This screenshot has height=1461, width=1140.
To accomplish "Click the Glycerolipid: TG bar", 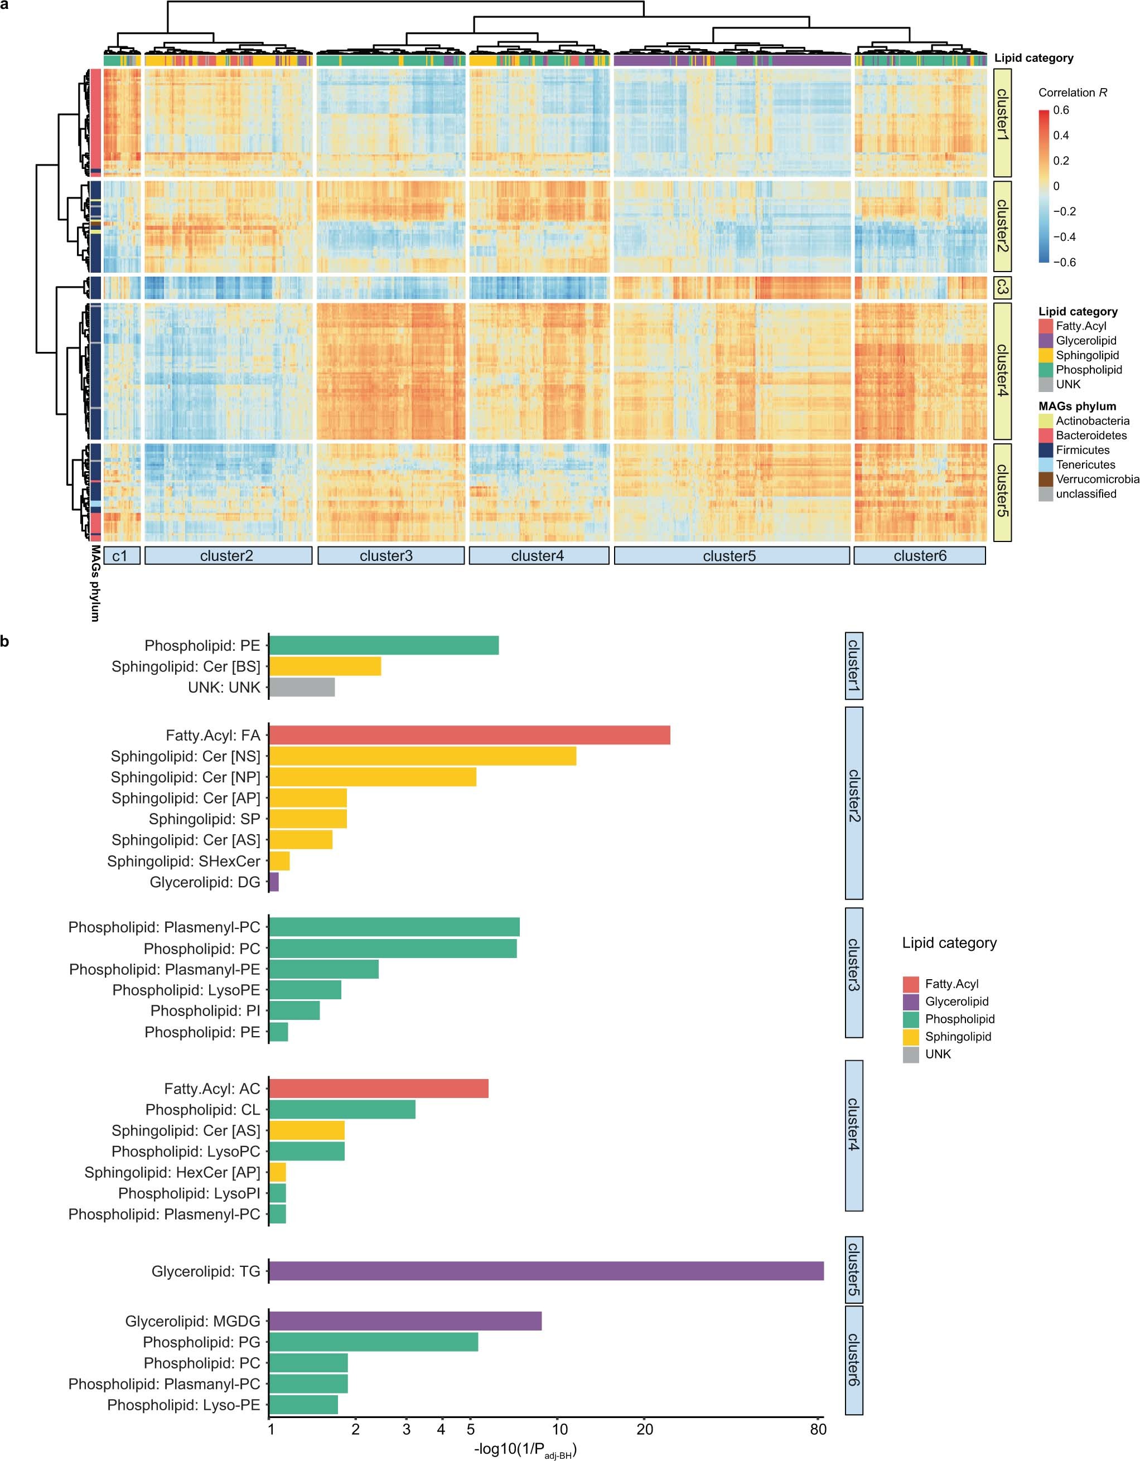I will point(545,1271).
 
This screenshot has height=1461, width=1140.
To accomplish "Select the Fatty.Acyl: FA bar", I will point(468,735).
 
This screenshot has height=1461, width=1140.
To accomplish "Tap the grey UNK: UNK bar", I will point(301,688).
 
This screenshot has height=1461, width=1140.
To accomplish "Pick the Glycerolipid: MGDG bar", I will point(405,1321).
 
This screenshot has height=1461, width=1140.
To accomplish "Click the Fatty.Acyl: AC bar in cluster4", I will point(378,1089).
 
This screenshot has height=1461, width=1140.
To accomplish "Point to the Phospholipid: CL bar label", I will point(202,1110).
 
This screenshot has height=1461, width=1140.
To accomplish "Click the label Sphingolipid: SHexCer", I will point(184,861).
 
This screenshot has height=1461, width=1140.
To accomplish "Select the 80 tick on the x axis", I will point(818,1430).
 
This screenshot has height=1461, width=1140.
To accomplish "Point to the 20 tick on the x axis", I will point(644,1430).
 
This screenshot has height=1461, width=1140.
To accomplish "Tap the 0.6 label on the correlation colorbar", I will point(1061,110).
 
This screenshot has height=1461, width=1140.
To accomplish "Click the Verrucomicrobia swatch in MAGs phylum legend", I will point(1046,479).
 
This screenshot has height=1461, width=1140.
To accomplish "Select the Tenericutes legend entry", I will point(1085,465).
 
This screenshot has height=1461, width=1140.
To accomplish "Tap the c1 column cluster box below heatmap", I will point(121,556).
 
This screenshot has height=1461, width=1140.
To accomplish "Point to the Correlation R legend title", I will point(1073,93).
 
